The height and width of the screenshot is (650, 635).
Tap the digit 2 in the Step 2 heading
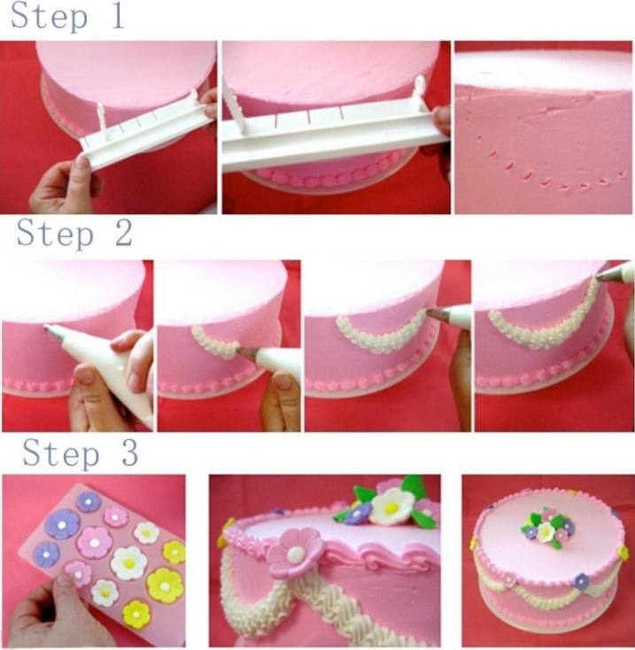tap(124, 233)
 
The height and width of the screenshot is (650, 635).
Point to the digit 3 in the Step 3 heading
tap(129, 453)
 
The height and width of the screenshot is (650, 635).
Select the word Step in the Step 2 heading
tap(55, 234)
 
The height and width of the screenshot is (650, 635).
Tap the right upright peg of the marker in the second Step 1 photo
tap(419, 91)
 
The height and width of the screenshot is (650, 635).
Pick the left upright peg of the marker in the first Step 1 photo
tap(101, 117)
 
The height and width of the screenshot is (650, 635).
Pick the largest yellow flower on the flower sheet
tap(165, 585)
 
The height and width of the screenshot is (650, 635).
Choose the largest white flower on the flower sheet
tap(129, 562)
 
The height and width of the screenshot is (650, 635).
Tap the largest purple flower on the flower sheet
tap(62, 524)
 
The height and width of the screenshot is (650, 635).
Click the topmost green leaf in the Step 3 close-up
tap(413, 485)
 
